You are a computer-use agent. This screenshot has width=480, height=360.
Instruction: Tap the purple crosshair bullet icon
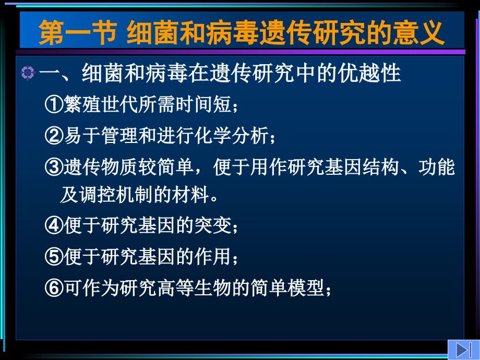pos(28,73)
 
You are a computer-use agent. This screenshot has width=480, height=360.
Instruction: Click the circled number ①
pos(54,104)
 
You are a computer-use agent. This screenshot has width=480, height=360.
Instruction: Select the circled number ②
pos(54,136)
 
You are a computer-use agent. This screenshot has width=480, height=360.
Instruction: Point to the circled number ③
pos(54,167)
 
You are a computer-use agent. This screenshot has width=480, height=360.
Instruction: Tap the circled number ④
pos(54,225)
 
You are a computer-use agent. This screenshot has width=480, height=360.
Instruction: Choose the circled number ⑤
pos(54,257)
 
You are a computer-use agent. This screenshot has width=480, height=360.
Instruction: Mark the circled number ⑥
pos(54,288)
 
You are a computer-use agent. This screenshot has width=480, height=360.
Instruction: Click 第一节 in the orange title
pos(77,32)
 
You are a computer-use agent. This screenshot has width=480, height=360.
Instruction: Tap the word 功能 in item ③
pos(437,167)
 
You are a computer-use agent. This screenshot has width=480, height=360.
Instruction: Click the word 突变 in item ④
pos(213,225)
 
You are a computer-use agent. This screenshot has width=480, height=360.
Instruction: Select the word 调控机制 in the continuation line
pos(116,195)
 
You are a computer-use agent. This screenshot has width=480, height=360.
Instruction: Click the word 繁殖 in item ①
pos(82,104)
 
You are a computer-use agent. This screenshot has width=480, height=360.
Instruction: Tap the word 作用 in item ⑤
pos(213,257)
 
